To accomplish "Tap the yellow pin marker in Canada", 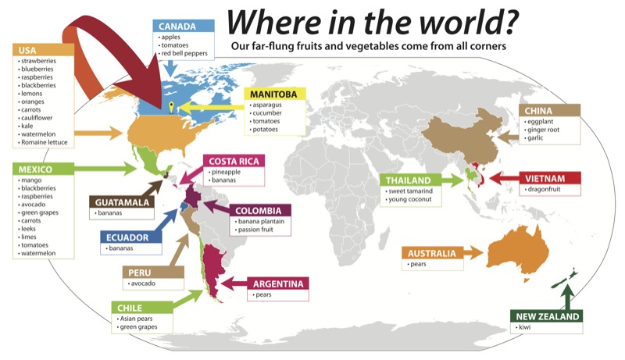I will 171,106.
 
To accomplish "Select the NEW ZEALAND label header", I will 547,316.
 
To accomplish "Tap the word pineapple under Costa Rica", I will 231,172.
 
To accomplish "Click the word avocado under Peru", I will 147,283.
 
